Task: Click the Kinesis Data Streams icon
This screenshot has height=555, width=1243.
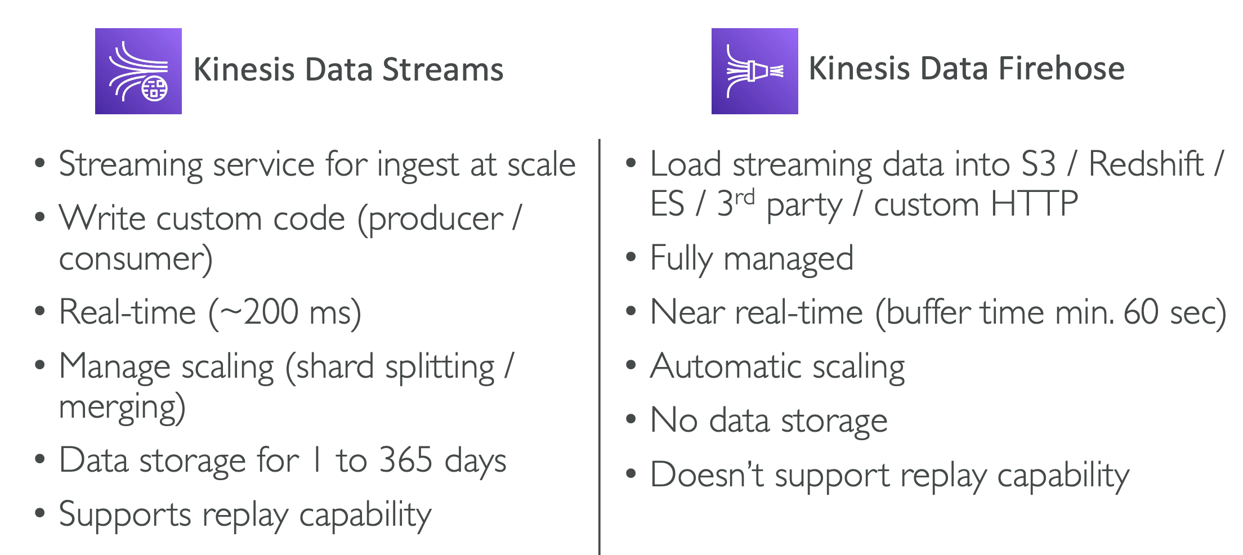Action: [138, 71]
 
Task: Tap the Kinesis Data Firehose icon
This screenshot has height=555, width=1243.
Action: [754, 71]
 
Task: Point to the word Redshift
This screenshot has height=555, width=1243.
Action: [1146, 164]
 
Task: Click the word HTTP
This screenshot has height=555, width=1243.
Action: [1034, 204]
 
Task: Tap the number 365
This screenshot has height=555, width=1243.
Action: [405, 460]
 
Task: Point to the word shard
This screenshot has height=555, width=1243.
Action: [335, 367]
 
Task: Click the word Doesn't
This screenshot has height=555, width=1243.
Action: [707, 475]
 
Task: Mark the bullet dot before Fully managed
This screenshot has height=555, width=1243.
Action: [631, 258]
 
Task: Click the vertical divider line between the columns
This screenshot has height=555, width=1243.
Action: [600, 338]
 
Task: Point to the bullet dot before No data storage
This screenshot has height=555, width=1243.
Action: [631, 420]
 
